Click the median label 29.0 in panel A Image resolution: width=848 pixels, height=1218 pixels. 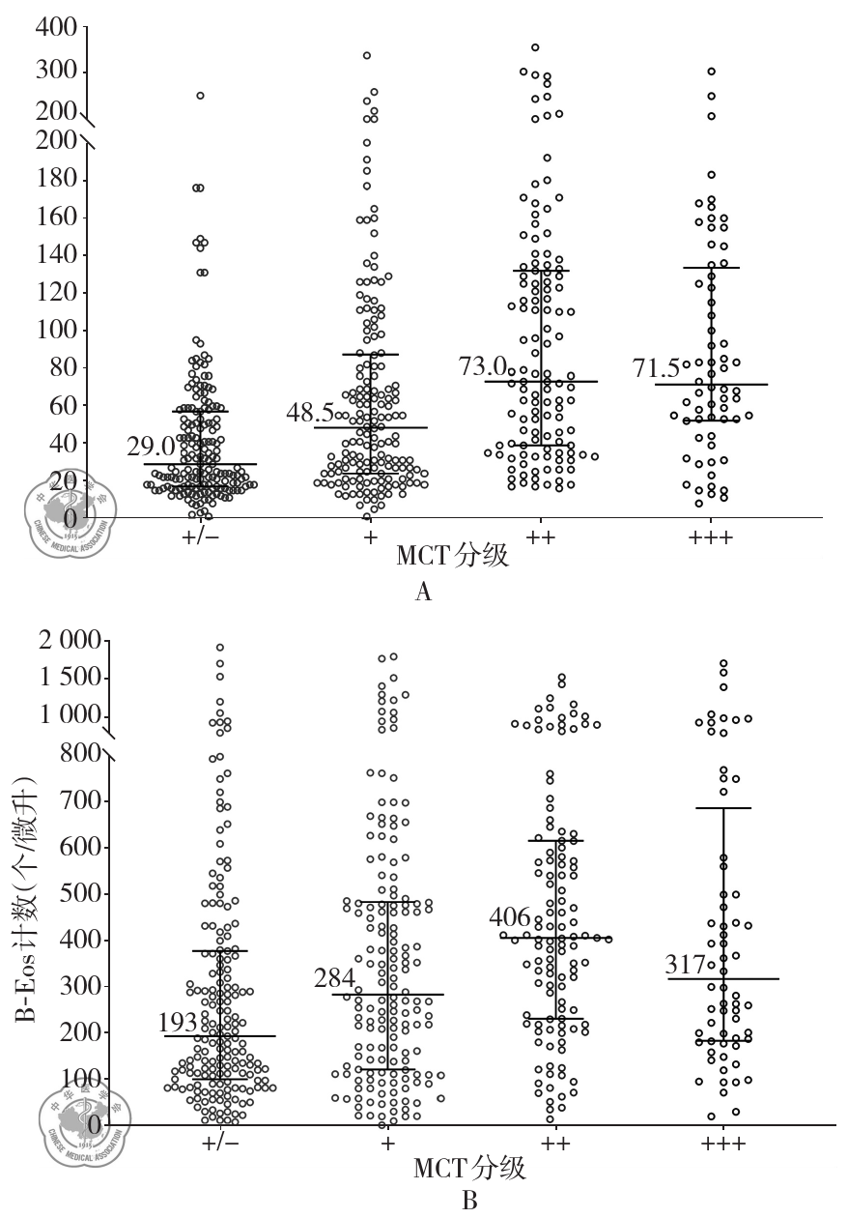pos(151,447)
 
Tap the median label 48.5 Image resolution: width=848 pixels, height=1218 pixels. pos(311,412)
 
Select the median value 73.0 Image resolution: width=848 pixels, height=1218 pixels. pos(483,365)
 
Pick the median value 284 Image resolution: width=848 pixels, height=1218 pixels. pos(335,978)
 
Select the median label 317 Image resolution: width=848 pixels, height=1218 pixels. pos(686,965)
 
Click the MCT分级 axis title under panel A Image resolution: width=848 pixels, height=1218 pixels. pos(453,559)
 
